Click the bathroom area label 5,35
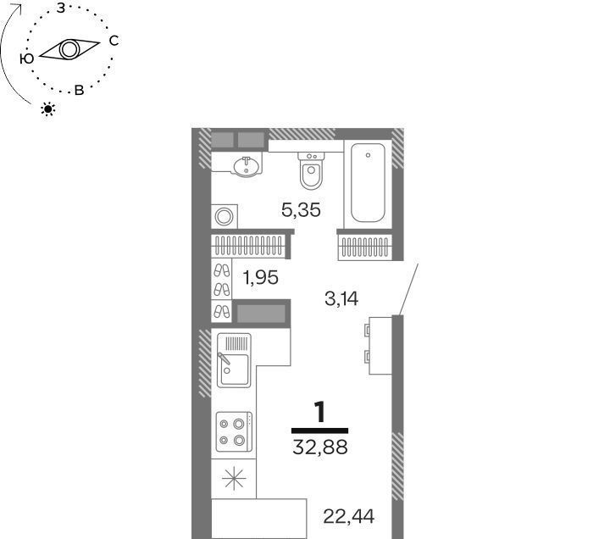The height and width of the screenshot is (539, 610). (x=301, y=210)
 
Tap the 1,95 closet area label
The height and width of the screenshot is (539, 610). (x=260, y=278)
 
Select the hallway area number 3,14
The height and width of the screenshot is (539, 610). (x=341, y=299)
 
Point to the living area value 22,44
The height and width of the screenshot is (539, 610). (x=348, y=516)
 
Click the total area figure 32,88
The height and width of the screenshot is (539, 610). (x=319, y=447)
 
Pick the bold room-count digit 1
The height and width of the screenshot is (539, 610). (x=319, y=413)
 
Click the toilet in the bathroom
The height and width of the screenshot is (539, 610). (x=311, y=171)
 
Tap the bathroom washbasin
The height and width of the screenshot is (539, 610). (x=246, y=166)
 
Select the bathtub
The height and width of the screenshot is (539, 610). (x=368, y=183)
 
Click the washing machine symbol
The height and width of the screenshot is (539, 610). (x=225, y=216)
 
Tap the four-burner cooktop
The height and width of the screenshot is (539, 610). (x=234, y=432)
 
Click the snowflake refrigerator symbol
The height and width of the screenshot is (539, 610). (x=234, y=479)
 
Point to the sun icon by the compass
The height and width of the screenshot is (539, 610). (x=48, y=109)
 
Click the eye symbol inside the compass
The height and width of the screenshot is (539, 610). (x=69, y=50)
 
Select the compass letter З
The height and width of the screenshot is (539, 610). (x=61, y=8)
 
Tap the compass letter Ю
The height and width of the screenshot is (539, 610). (x=26, y=58)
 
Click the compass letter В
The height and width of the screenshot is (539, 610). (x=79, y=91)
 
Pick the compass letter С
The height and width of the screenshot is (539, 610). (x=114, y=41)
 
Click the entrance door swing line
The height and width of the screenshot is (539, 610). (x=408, y=289)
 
